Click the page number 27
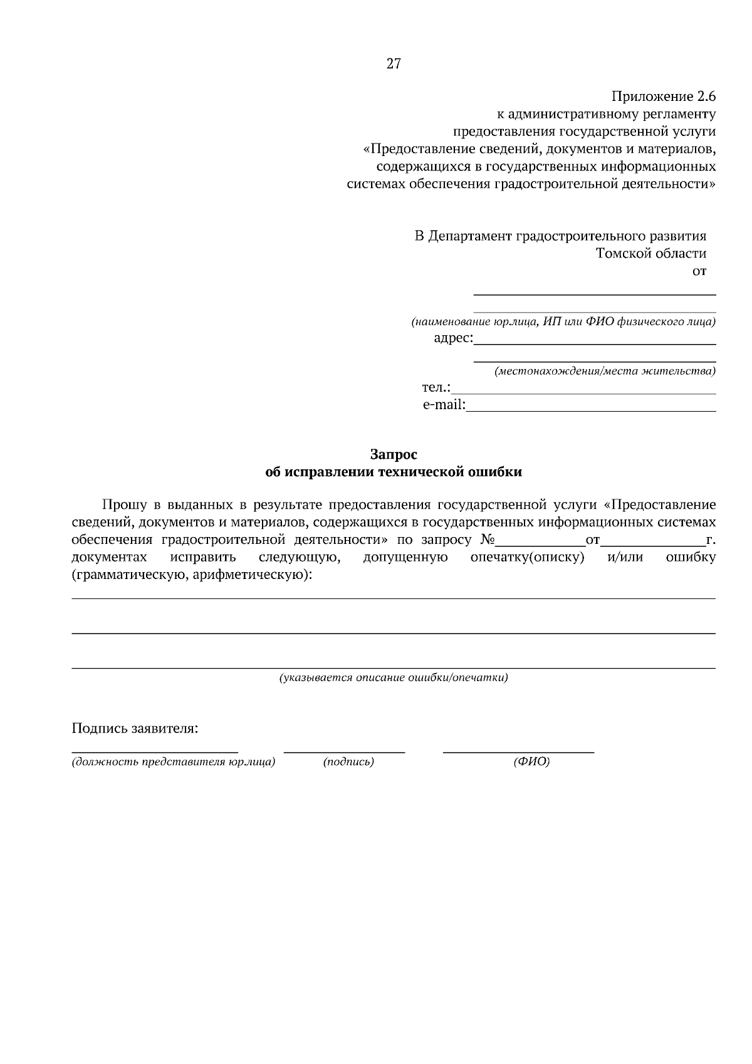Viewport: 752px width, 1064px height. pos(394,63)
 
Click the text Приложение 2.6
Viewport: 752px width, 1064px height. pos(663,96)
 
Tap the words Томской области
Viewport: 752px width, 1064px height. pos(650,253)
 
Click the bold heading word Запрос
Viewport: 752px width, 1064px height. pos(394,454)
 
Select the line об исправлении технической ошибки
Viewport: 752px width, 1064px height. pos(394,472)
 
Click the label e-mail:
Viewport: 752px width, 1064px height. pos(444,405)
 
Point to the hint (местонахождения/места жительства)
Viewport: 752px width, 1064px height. pos(605,371)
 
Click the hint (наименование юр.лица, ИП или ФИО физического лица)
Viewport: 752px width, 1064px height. pos(563,322)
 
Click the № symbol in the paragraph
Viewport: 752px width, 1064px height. pos(487,540)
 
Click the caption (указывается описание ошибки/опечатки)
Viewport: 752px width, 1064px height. pos(394,677)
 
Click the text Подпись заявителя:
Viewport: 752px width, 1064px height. pos(135,729)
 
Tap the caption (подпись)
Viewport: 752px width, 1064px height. pos(348,762)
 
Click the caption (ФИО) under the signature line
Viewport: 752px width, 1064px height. pos(531,762)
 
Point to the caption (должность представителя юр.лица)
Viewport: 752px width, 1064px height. pos(174,762)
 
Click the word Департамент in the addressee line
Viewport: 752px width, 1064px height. pos(469,236)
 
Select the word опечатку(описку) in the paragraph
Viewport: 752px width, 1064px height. pos(527,557)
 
